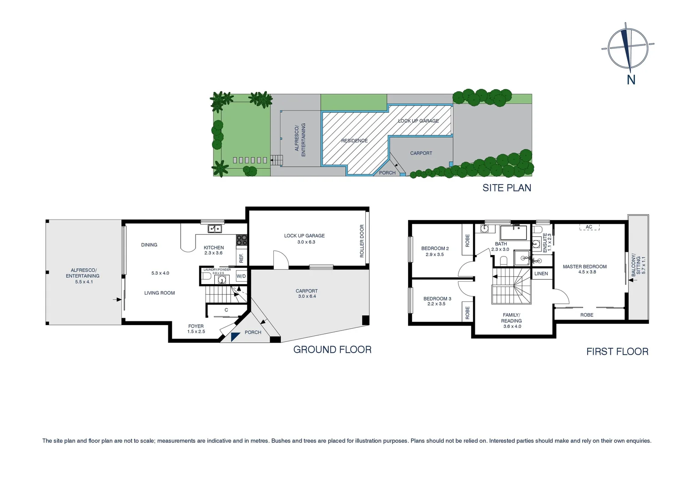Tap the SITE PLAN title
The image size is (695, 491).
click(x=507, y=188)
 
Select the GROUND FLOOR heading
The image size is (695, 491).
click(x=332, y=350)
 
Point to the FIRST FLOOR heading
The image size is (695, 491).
click(x=617, y=351)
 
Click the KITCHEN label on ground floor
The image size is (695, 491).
click(x=214, y=248)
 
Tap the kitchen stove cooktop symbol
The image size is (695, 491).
click(x=242, y=240)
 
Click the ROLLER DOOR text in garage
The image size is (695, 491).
click(x=362, y=241)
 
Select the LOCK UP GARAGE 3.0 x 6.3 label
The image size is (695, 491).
click(x=304, y=239)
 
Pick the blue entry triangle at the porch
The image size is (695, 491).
click(x=235, y=336)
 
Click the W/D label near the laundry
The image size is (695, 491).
click(x=241, y=276)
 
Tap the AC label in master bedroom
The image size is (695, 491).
click(x=589, y=227)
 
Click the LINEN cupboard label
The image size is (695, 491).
click(x=541, y=274)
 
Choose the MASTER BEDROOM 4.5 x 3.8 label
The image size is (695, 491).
click(x=584, y=269)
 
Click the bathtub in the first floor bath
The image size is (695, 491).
click(x=514, y=233)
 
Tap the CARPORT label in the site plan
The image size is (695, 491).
click(x=421, y=153)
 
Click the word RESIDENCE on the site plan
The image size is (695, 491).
click(x=354, y=141)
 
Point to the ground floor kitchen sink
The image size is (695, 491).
click(x=214, y=228)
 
